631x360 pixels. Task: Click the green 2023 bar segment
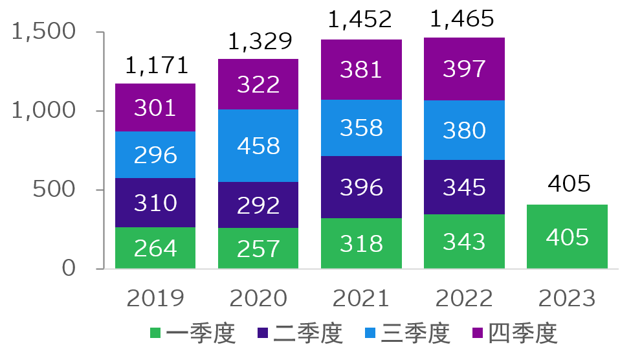567,236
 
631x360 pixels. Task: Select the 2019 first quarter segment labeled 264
155,248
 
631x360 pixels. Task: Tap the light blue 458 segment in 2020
258,146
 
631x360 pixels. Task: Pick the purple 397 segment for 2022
464,69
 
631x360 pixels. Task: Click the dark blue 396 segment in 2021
361,187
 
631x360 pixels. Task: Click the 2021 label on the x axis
361,298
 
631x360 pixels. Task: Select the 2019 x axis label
155,298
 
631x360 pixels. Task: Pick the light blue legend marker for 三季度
370,333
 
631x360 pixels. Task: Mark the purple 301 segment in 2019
155,107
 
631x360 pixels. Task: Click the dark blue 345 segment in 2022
464,187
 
